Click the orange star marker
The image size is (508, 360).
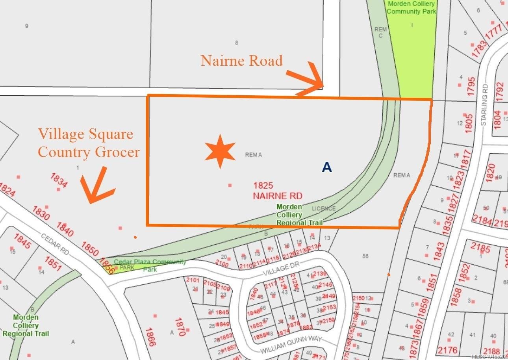coord(220,151)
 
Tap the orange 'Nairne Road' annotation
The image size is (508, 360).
coord(241,61)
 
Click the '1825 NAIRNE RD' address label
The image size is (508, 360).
coord(278,190)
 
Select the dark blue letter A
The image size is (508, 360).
coord(327,167)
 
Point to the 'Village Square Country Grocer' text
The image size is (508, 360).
coord(89,143)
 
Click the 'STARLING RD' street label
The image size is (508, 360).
coord(484,105)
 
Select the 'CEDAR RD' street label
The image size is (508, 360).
coord(55,243)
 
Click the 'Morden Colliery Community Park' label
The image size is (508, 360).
coord(411,7)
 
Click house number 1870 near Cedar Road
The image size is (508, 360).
coord(180,327)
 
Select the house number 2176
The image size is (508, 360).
coord(448,349)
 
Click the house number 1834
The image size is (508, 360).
coord(59,180)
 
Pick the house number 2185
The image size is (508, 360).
coord(480,248)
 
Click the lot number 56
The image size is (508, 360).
coord(365,256)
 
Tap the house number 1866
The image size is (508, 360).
coord(150,337)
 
